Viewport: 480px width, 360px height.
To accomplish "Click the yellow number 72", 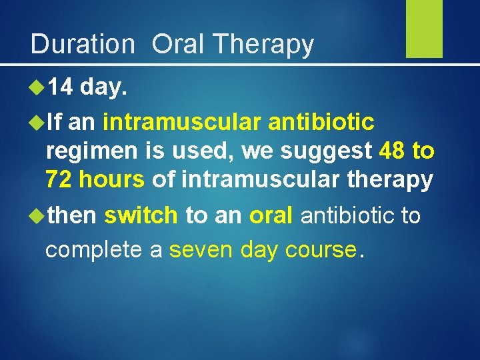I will click(59, 179).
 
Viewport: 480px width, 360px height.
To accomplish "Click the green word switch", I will click(141, 215).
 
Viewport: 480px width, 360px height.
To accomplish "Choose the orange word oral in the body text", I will click(271, 215).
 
